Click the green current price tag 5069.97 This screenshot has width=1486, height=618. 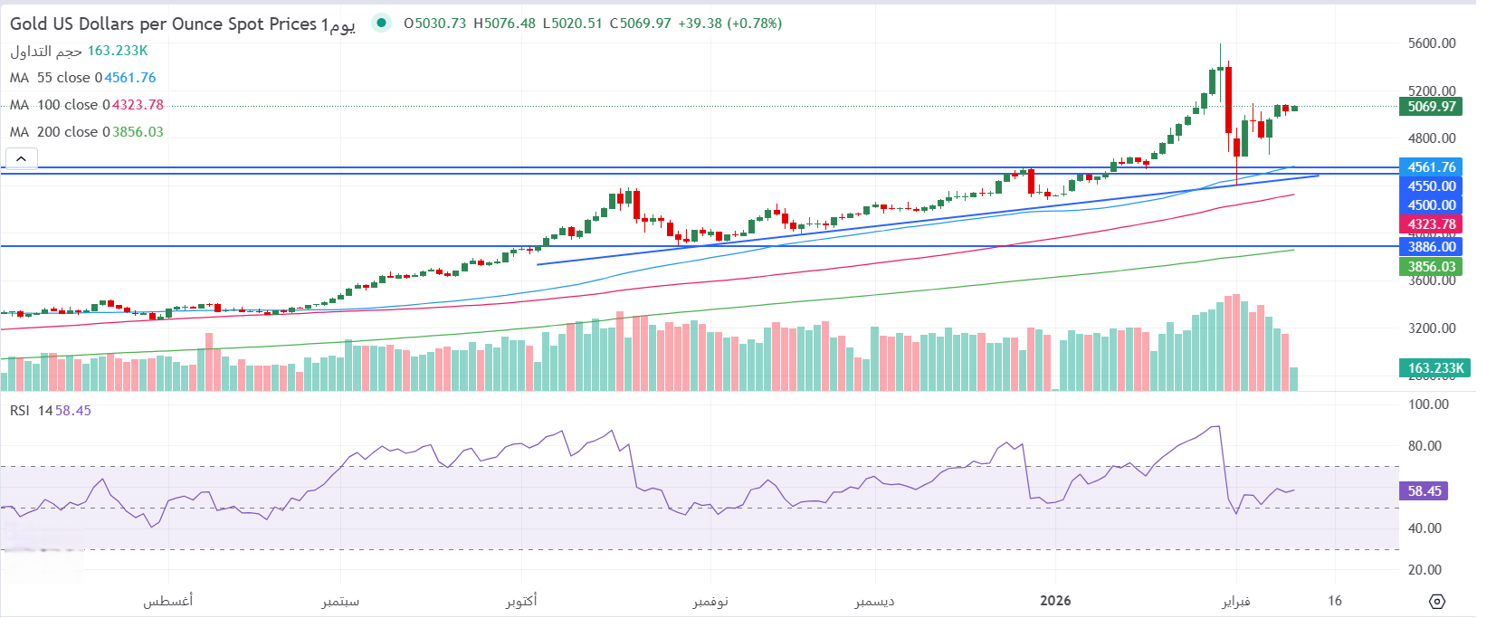click(1432, 107)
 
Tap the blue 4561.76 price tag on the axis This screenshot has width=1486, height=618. click(1432, 167)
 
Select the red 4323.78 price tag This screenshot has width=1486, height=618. click(1432, 224)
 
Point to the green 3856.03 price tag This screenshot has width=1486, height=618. click(1432, 267)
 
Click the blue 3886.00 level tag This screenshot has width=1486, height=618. click(1432, 246)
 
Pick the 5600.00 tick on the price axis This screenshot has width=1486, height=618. click(1432, 43)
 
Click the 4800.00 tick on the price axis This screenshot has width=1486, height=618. click(1432, 138)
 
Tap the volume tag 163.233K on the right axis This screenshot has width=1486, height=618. click(1435, 368)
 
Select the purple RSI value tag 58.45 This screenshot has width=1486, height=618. click(1424, 491)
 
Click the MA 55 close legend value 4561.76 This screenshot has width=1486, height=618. click(130, 78)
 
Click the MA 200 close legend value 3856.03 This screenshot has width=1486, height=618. click(138, 132)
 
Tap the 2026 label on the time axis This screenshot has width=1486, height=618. click(1055, 601)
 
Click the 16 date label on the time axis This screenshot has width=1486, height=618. click(1335, 601)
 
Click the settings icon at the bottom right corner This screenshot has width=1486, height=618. click(1437, 602)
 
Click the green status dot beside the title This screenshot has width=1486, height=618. click(382, 24)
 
